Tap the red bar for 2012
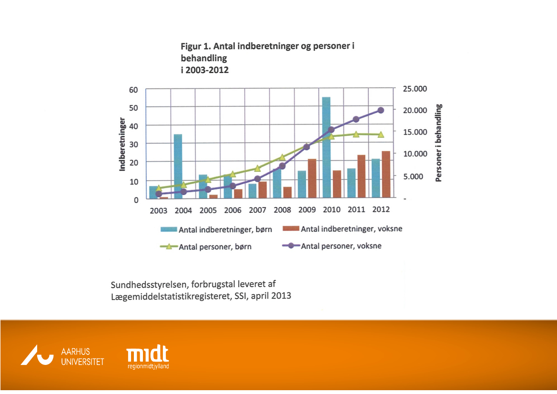click(x=385, y=174)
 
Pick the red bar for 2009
click(x=312, y=178)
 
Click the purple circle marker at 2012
click(x=381, y=110)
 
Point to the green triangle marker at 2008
click(x=282, y=157)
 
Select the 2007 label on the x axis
click(x=257, y=209)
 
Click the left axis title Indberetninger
click(x=122, y=144)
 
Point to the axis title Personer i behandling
click(x=439, y=143)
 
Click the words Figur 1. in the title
click(x=195, y=46)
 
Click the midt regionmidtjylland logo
click(x=148, y=357)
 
